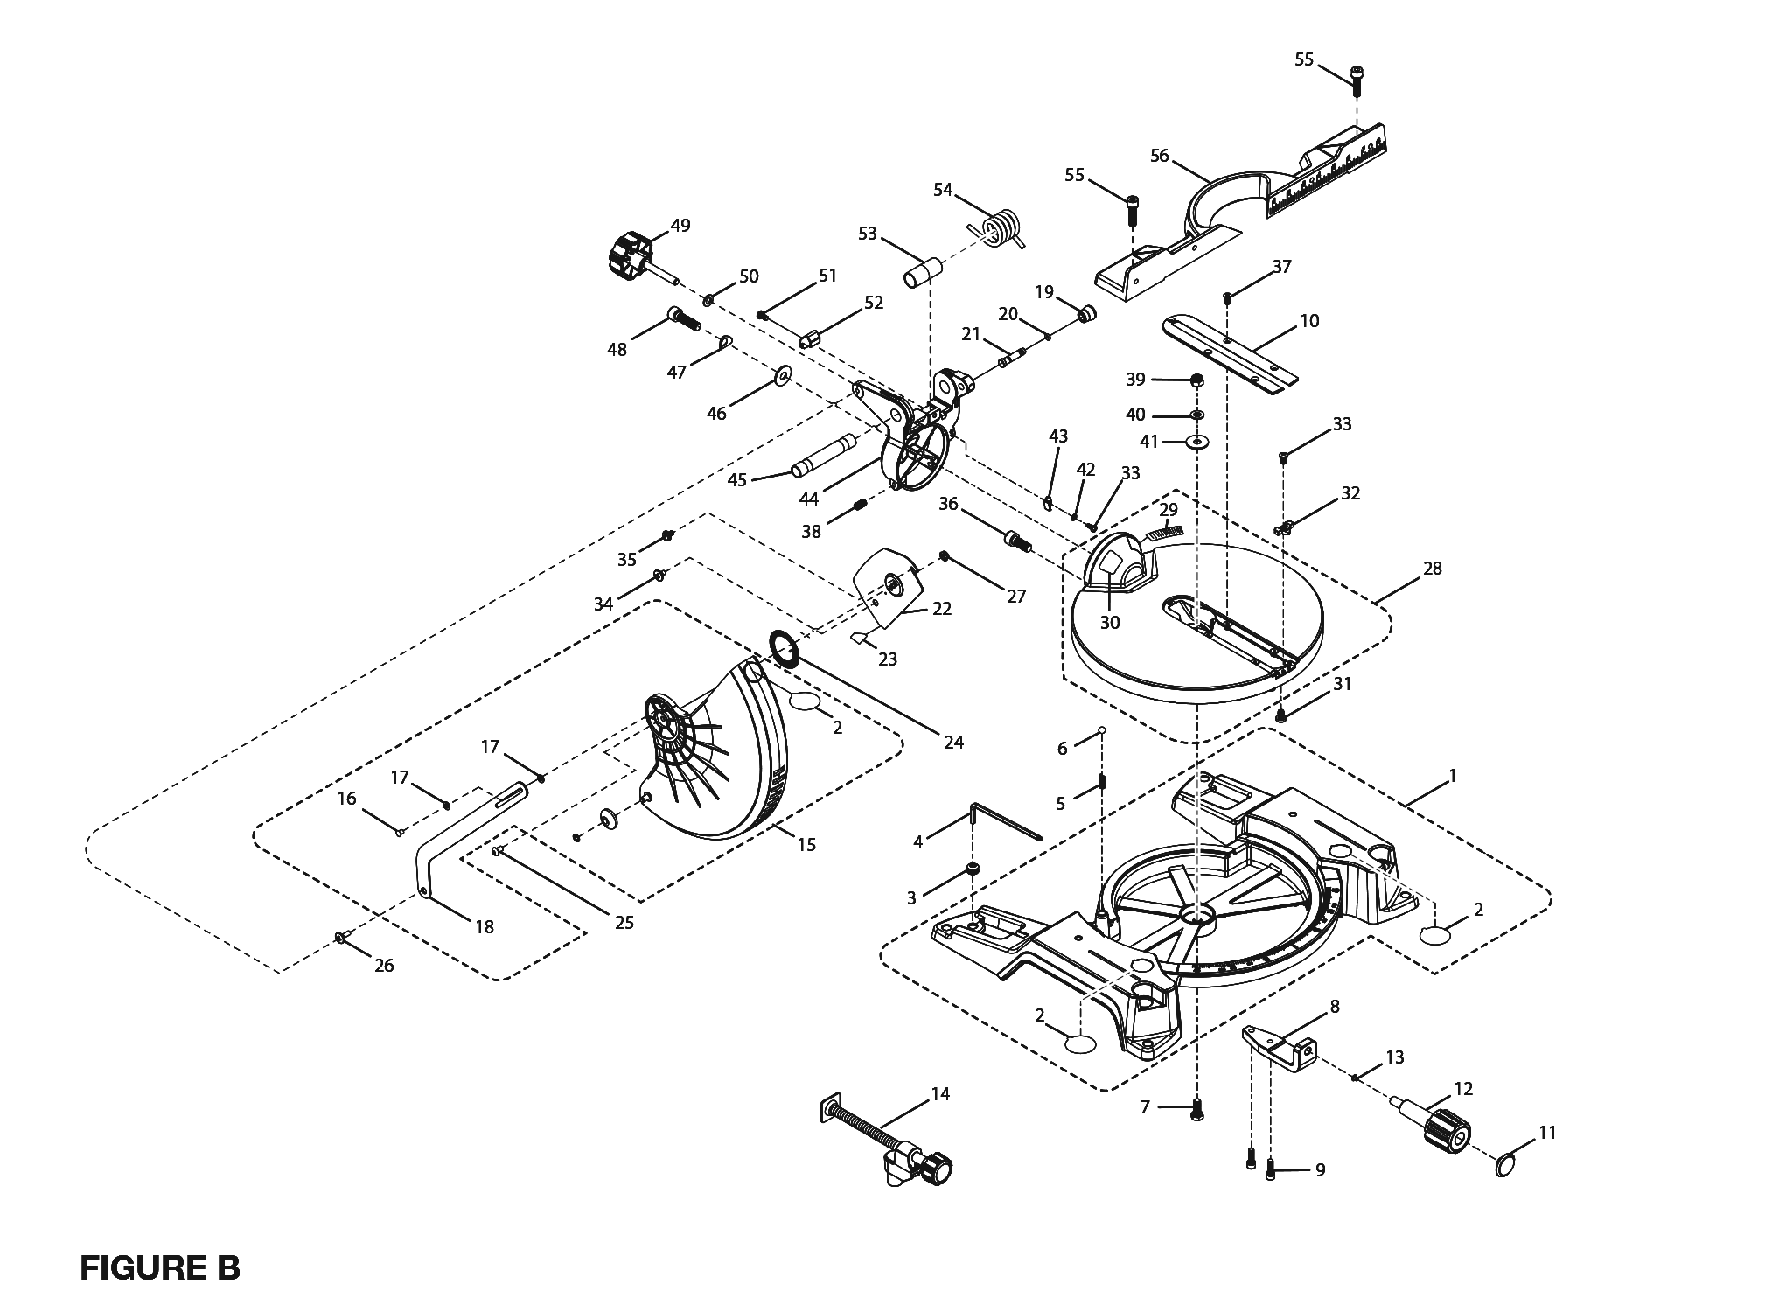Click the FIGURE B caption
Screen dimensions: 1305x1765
click(159, 1267)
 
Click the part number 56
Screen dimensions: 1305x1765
click(1159, 157)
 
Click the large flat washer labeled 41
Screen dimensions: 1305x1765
click(1196, 443)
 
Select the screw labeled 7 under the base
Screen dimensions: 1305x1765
click(1196, 1110)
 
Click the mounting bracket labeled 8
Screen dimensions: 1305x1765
click(1281, 1046)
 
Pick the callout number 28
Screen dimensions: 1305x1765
click(1432, 569)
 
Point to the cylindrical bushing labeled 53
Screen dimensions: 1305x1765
click(920, 271)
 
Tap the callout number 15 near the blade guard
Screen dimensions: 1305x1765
click(806, 844)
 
